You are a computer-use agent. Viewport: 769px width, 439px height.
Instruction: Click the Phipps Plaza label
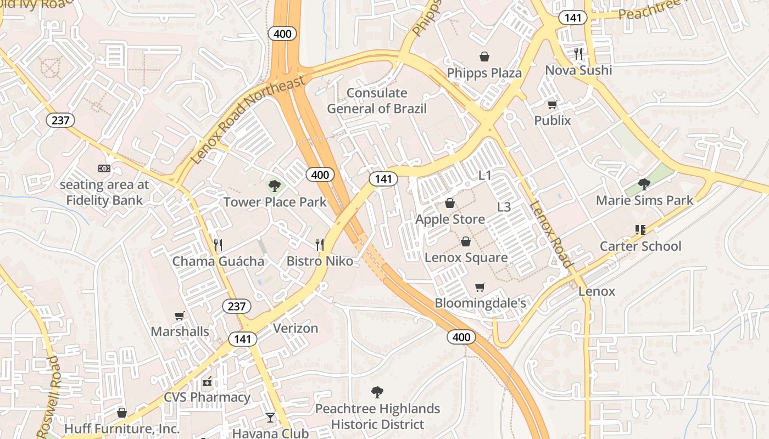click(x=484, y=73)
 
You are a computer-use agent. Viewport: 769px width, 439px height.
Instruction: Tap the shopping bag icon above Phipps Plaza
click(x=484, y=56)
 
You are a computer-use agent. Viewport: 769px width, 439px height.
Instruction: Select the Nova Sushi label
click(x=578, y=70)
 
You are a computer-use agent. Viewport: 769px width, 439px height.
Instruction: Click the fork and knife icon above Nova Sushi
click(x=578, y=53)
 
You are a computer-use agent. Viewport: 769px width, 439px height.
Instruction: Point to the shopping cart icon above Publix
click(x=552, y=104)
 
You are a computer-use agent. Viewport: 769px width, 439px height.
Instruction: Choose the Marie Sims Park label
click(x=645, y=200)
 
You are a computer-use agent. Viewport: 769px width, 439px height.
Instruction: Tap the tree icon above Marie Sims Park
click(x=644, y=184)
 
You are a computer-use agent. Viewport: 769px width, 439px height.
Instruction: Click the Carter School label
click(x=640, y=246)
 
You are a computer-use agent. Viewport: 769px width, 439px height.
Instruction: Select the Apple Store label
click(x=450, y=219)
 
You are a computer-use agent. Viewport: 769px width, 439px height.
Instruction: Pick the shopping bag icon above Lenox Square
click(x=465, y=241)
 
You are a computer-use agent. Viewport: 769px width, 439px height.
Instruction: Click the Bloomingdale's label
click(x=481, y=303)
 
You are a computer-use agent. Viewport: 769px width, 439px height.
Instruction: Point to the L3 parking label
click(x=504, y=207)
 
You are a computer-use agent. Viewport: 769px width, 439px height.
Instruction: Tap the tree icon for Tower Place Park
click(x=274, y=186)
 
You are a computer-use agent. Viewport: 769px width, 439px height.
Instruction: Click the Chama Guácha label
click(x=218, y=261)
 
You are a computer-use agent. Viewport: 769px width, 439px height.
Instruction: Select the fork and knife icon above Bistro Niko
click(x=320, y=244)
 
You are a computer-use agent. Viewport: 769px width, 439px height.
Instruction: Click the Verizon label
click(x=296, y=328)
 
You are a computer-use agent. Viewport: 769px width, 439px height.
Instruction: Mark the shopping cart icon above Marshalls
click(x=179, y=316)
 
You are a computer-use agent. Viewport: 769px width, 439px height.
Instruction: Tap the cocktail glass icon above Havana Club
click(x=270, y=418)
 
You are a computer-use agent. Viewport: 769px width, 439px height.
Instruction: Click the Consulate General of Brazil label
click(x=377, y=100)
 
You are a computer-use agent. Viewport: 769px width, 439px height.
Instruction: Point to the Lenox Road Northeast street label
click(x=249, y=121)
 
